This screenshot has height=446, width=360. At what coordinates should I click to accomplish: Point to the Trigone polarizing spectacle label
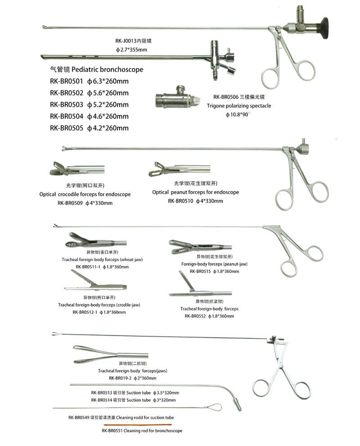pyautogui.click(x=239, y=106)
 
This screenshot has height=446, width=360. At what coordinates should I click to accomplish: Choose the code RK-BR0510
pyautogui.click(x=181, y=201)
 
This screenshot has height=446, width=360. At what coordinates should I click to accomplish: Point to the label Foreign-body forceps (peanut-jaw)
pyautogui.click(x=214, y=264)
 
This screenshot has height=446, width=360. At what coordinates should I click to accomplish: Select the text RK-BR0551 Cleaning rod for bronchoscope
pyautogui.click(x=142, y=431)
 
